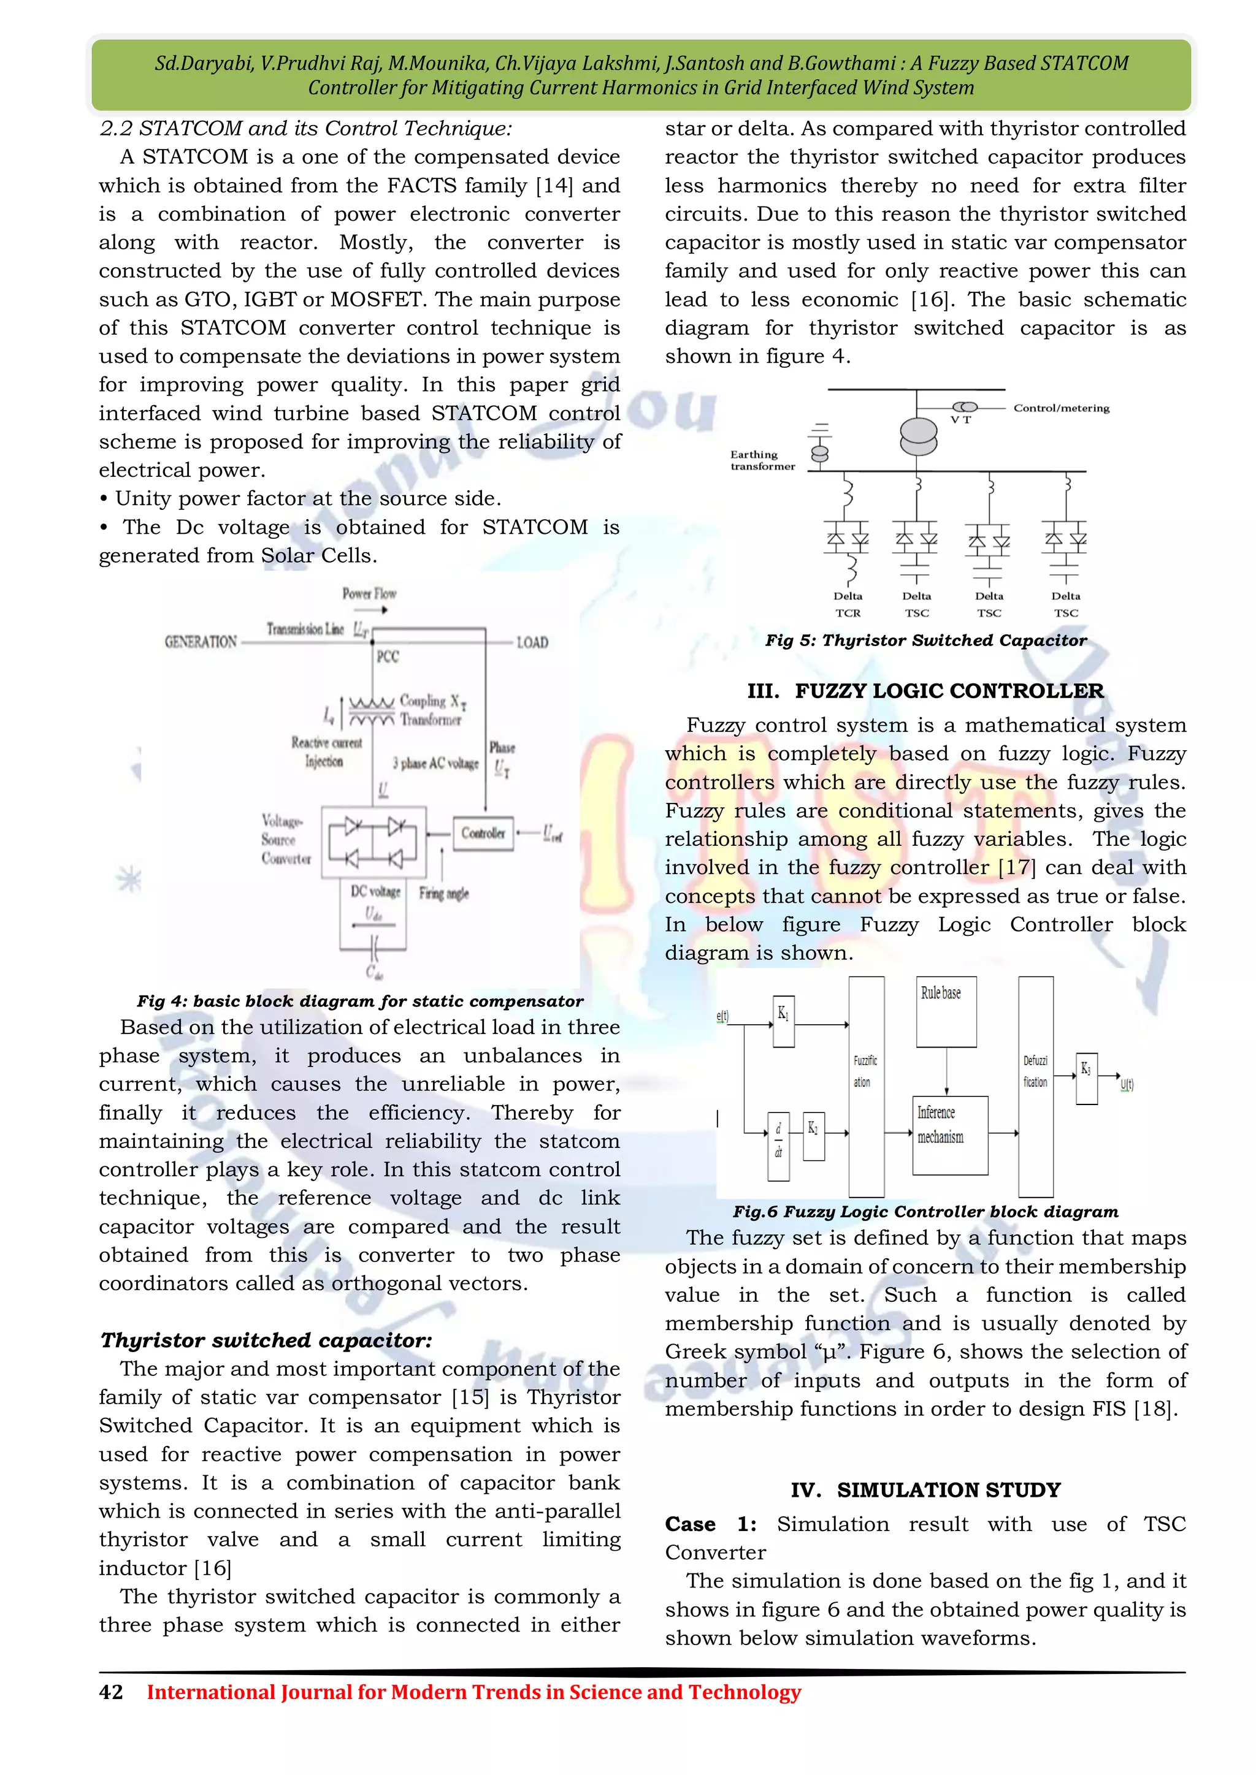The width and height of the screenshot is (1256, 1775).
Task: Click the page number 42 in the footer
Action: (110, 1692)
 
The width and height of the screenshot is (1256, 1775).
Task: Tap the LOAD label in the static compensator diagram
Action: (532, 642)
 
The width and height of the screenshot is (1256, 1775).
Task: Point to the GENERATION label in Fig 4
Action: (201, 642)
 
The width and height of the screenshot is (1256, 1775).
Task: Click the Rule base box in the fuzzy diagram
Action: (946, 1011)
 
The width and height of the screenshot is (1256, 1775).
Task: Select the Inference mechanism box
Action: (950, 1135)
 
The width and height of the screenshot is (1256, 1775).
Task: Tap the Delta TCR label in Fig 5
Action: (848, 604)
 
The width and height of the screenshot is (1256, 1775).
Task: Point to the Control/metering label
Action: (1061, 408)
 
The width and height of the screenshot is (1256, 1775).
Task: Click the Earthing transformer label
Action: (762, 460)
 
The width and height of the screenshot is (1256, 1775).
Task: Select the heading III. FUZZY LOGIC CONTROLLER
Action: (925, 691)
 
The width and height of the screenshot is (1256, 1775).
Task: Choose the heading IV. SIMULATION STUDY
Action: (925, 1490)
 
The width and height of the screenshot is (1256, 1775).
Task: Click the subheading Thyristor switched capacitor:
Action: (266, 1340)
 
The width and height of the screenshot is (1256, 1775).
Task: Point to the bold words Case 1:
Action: (710, 1524)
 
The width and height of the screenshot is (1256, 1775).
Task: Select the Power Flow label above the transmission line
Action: (369, 594)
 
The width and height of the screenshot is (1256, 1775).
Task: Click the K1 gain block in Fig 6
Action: (783, 1021)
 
